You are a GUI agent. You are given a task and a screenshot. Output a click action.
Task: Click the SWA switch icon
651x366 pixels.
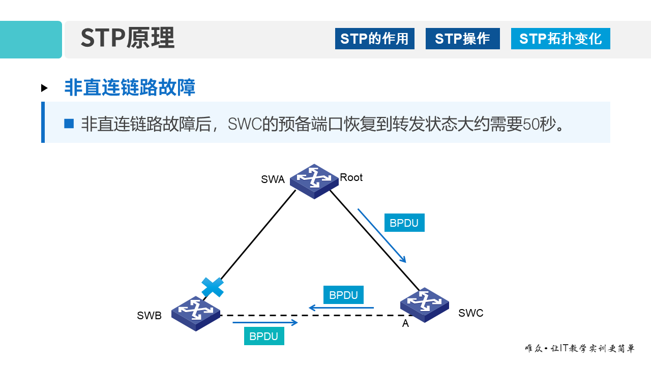pos(314,181)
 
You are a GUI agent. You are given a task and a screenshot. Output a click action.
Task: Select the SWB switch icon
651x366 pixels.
pos(196,313)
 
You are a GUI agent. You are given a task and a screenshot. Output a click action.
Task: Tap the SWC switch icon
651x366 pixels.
pos(424,304)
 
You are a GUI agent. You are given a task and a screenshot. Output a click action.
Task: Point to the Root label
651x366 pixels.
pos(351,177)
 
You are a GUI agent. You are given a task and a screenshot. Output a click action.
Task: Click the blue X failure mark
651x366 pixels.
pos(213,287)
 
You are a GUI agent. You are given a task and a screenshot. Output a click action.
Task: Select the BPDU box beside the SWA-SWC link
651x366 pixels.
pos(404,223)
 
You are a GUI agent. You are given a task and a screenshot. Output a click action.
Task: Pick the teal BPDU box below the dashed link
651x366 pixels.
pos(264,336)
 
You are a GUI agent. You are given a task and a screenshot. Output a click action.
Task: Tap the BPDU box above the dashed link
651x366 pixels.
pos(343,295)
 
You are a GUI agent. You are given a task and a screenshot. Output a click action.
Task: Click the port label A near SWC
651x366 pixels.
pos(405,323)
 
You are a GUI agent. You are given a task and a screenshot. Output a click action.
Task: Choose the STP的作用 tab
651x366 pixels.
pos(374,39)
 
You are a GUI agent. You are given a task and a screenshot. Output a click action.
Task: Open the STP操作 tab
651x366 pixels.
pos(462,39)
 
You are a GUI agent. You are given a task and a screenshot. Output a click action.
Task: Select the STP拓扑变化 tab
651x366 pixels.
pos(560,39)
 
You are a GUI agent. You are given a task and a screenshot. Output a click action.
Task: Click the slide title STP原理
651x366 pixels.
pos(128,38)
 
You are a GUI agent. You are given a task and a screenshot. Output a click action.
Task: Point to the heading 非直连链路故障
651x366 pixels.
pos(130,87)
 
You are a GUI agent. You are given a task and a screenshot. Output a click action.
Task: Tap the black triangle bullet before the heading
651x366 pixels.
pos(45,88)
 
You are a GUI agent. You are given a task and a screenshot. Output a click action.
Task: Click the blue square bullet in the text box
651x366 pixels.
pos(69,123)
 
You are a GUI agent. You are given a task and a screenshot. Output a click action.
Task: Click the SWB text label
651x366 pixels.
pos(149,316)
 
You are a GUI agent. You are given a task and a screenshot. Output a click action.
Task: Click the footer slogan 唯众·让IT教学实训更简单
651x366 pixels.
pos(579,349)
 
